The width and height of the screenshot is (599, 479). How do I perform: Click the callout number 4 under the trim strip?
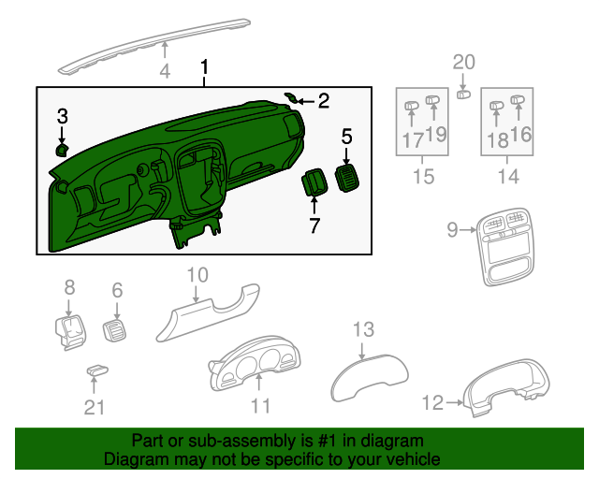click(x=165, y=71)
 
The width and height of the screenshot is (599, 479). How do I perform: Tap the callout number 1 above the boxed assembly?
click(x=204, y=68)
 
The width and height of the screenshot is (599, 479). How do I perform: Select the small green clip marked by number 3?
click(x=62, y=148)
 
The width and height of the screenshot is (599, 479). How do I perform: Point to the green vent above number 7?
click(x=313, y=181)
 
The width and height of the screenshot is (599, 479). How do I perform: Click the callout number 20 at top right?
click(x=464, y=62)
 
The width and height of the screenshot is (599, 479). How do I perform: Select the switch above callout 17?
click(x=411, y=106)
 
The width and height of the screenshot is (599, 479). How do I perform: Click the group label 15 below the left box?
click(x=424, y=176)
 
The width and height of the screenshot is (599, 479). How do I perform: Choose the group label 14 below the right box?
click(x=508, y=176)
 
